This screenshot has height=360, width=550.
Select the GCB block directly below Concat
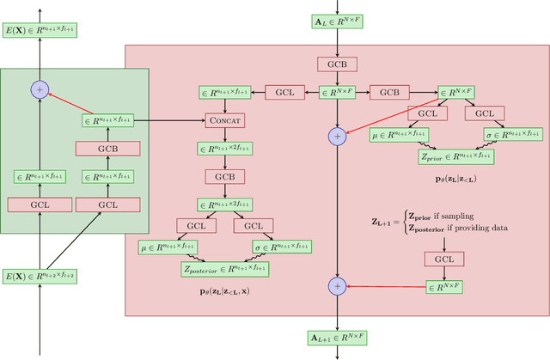[x=225, y=176]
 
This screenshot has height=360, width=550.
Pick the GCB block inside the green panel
[x=108, y=149]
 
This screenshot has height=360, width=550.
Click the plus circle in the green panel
[x=37, y=88]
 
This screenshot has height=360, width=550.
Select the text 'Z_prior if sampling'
[x=437, y=216]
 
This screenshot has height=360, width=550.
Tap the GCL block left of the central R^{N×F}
[x=284, y=91]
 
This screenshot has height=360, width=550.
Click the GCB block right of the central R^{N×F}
[x=390, y=91]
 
